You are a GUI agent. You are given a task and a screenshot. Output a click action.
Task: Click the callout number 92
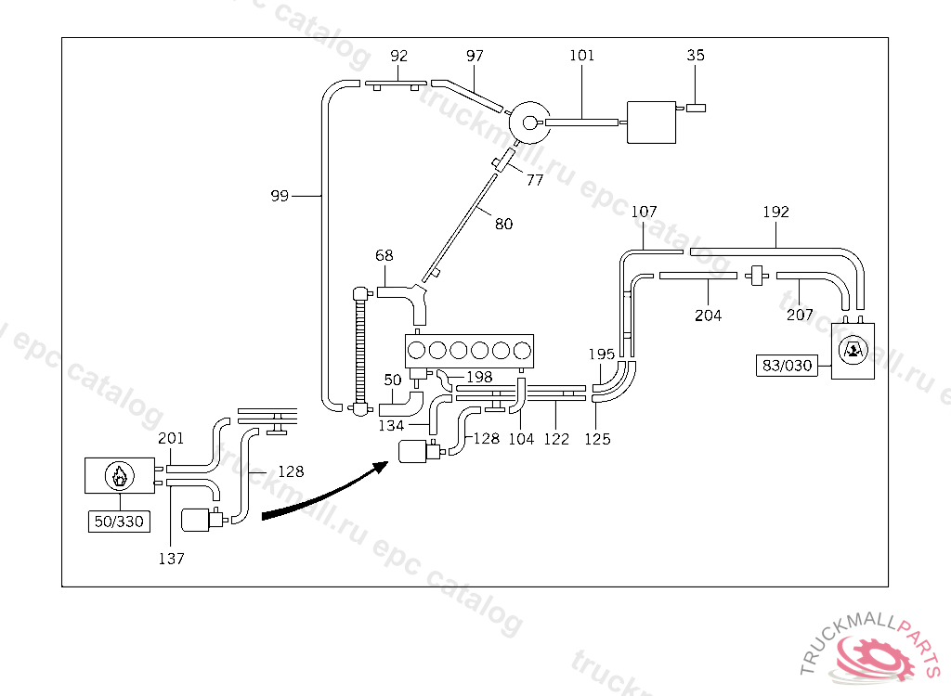[x=399, y=56]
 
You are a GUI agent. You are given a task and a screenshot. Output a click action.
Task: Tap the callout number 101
[x=582, y=56]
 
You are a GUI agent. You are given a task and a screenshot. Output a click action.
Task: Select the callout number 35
[x=696, y=56]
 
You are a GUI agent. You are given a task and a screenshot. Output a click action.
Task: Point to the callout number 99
[x=280, y=196]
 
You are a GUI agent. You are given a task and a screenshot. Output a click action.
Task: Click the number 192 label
[x=775, y=213]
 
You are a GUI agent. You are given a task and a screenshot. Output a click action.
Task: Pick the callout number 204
[x=708, y=316]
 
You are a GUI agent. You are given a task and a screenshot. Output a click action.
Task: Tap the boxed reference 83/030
[x=787, y=366]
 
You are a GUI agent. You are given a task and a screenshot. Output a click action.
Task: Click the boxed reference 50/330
[x=118, y=522]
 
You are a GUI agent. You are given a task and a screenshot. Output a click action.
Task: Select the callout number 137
[x=171, y=559]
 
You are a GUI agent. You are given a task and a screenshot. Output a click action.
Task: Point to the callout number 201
[x=171, y=438]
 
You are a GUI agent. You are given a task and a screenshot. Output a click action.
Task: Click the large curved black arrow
[x=325, y=492]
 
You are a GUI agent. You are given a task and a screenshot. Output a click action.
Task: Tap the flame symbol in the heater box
[x=118, y=476]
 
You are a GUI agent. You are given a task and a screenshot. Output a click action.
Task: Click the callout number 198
[x=479, y=377]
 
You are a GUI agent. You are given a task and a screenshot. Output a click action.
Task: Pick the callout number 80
[x=503, y=224]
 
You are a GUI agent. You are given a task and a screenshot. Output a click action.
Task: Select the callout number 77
[x=535, y=181]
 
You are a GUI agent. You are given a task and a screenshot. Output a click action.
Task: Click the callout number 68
[x=384, y=255]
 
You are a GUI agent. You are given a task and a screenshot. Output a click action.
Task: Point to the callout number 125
[x=598, y=439]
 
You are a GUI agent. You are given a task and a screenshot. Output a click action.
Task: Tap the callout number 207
[x=799, y=316]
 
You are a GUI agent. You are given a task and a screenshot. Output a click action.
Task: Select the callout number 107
[x=645, y=213]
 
